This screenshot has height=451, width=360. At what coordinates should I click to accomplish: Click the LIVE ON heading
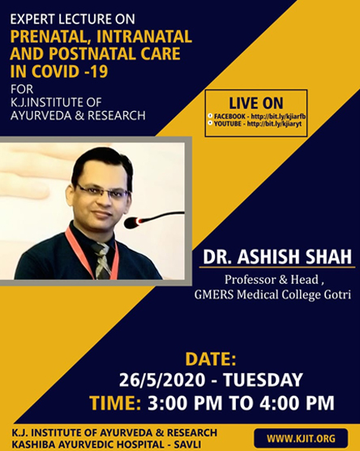pos(256,103)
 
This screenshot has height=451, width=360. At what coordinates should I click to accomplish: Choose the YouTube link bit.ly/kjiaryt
pos(274,124)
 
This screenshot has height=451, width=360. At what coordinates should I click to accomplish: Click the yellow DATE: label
pos(211,359)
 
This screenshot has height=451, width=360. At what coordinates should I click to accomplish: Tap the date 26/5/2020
pos(162,380)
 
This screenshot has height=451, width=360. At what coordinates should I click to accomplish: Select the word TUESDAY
pos(263,380)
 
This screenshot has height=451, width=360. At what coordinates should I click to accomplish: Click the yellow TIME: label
pos(115,402)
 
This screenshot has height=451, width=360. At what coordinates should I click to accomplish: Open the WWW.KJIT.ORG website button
pos(301,439)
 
